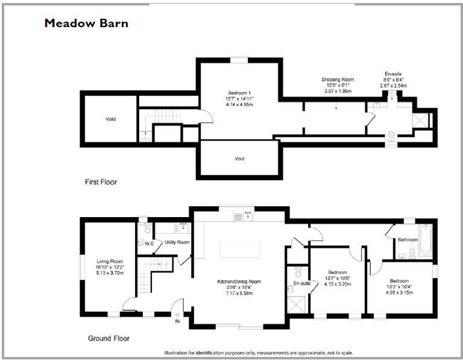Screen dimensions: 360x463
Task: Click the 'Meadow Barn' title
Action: pos(86,24)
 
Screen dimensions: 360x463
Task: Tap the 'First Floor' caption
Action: pos(101,182)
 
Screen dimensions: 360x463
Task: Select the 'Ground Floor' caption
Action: pos(109,338)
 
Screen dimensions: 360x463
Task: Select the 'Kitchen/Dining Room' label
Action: pos(239,282)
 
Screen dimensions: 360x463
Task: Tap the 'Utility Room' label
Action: pos(177,242)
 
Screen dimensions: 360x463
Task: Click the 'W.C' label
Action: pos(150,243)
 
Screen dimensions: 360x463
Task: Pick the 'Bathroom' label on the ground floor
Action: pos(408,240)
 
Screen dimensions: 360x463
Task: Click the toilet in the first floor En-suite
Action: pos(392,137)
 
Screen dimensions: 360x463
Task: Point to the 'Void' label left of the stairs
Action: pos(110,119)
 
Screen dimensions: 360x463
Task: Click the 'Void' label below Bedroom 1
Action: pos(239,159)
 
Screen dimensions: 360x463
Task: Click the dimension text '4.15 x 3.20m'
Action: pos(338,284)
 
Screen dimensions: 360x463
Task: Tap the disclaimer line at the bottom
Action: pos(259,353)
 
